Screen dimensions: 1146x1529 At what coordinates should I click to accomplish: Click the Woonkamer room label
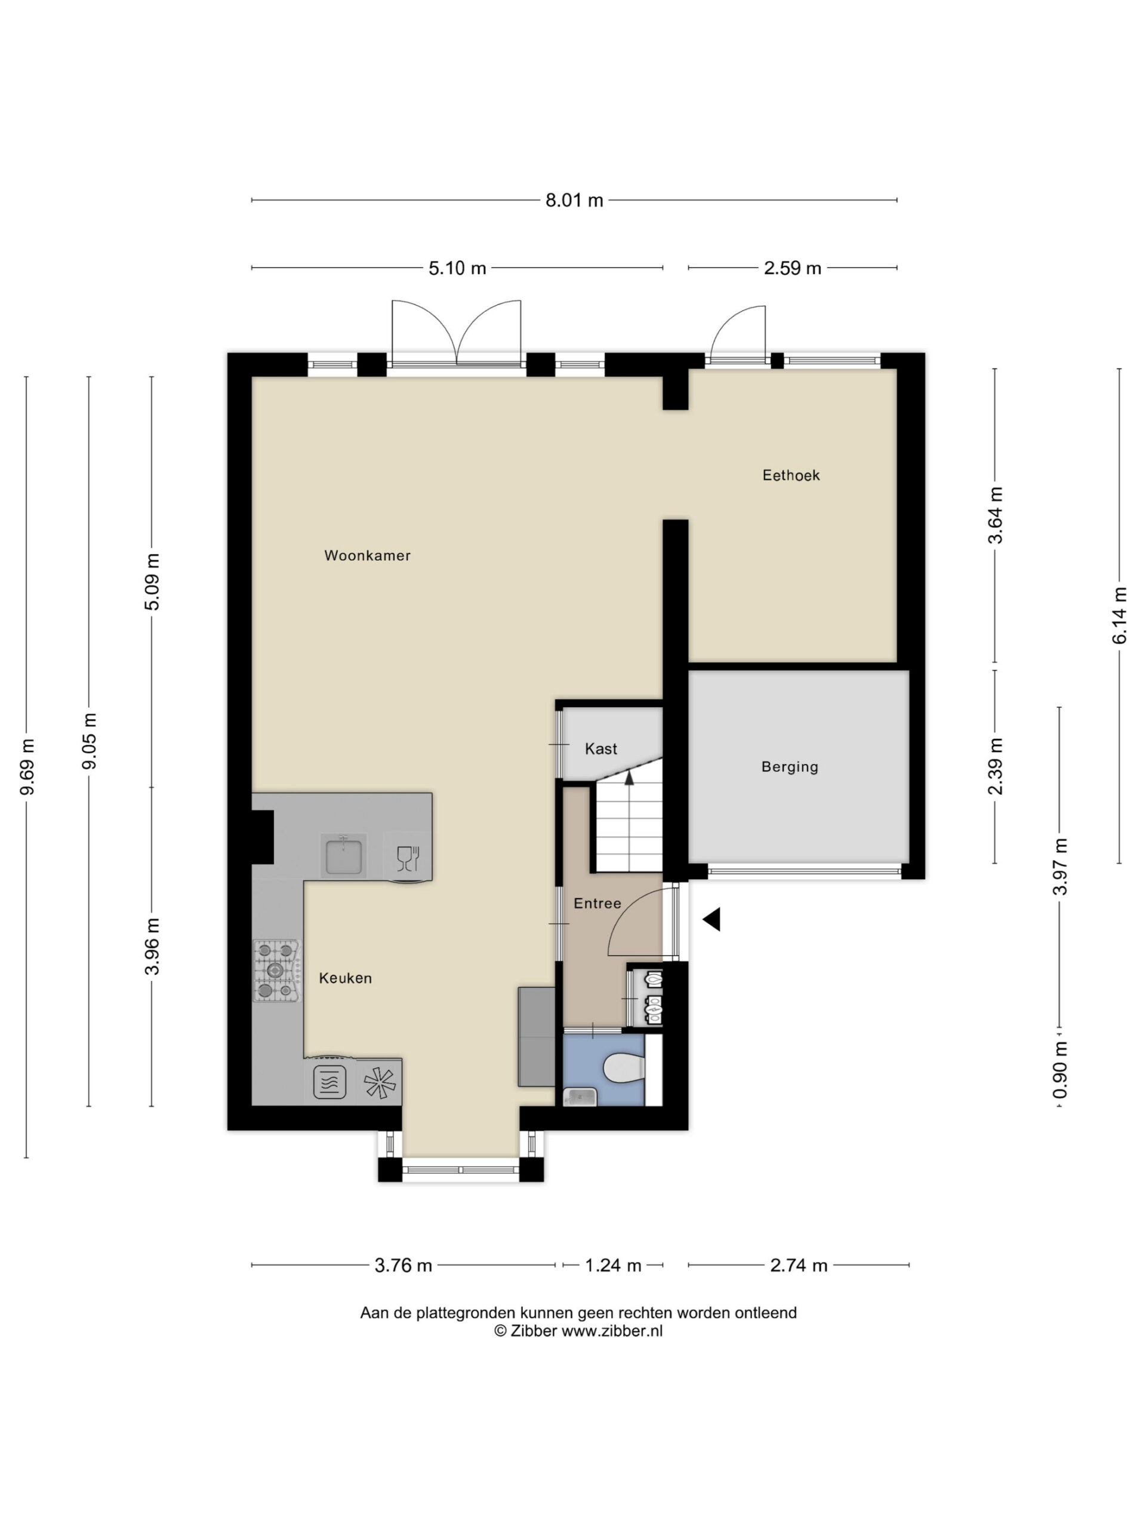point(368,555)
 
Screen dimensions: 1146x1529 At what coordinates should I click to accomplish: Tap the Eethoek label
point(791,475)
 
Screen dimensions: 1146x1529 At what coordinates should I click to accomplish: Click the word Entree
point(597,904)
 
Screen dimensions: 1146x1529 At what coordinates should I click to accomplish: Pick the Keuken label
point(346,978)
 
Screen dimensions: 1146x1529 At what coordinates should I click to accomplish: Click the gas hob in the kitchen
point(277,971)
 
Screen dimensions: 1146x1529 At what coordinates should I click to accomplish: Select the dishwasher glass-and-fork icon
point(408,858)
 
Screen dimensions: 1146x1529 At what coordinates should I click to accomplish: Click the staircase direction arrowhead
point(629,777)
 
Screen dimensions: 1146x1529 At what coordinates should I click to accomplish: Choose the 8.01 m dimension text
point(574,201)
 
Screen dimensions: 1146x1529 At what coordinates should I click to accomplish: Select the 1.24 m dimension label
point(614,1266)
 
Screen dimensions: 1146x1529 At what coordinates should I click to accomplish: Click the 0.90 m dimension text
point(1060,1070)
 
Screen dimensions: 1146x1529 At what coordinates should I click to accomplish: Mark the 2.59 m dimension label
point(792,268)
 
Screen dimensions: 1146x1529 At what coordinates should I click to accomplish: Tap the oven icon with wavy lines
point(329,1082)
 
